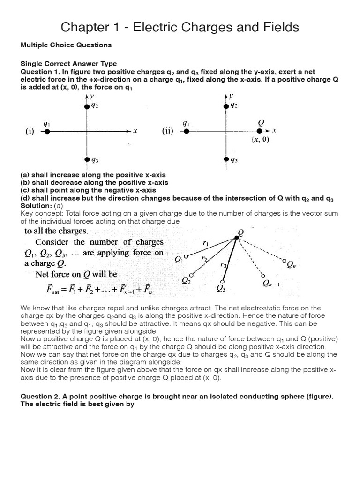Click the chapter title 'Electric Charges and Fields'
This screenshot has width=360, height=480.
[x=180, y=27]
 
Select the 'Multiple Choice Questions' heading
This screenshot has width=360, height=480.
[x=66, y=45]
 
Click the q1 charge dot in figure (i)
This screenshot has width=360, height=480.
[x=46, y=132]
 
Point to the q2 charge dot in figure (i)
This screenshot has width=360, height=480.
[x=87, y=106]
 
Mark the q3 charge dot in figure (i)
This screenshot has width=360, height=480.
[x=87, y=160]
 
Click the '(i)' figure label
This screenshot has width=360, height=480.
[x=29, y=132]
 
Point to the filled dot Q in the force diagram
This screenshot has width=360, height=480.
[x=237, y=238]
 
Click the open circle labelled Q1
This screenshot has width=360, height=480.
[x=187, y=256]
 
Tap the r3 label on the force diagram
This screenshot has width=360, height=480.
[x=223, y=265]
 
